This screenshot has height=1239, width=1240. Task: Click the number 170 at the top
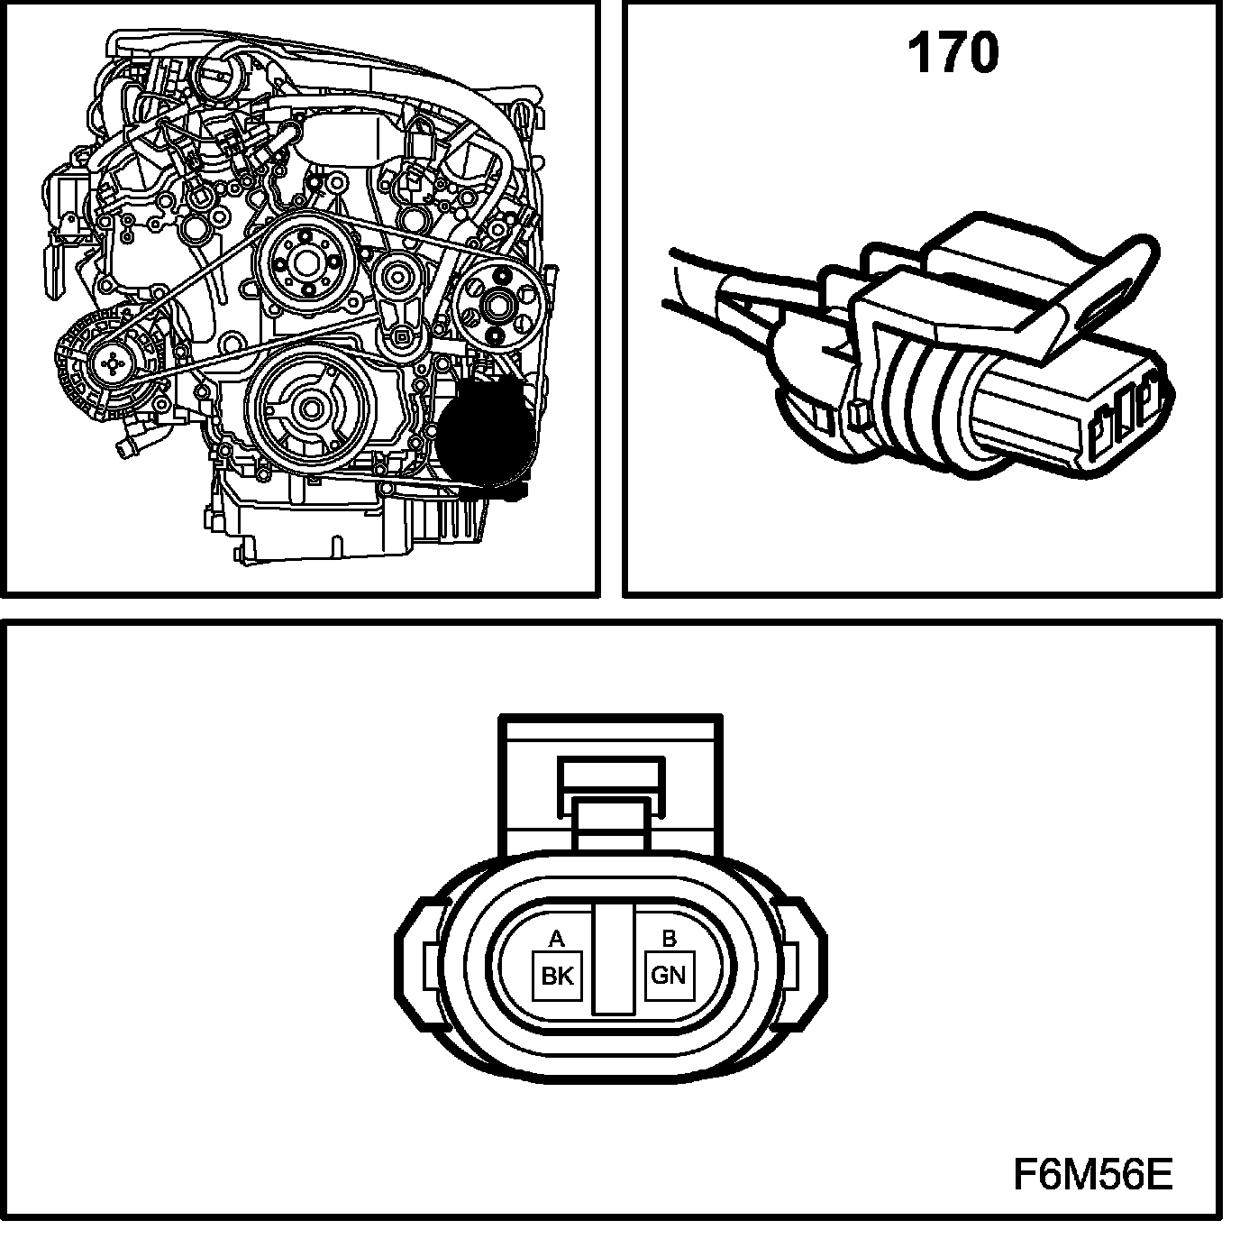(953, 54)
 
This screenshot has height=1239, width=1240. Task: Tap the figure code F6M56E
(1092, 1175)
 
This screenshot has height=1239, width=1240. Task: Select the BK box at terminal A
(557, 976)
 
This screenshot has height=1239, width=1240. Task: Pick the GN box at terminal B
(669, 975)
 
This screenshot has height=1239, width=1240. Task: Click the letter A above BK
(557, 939)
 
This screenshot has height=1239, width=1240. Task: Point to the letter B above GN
(669, 939)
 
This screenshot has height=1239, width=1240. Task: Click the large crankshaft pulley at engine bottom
(311, 409)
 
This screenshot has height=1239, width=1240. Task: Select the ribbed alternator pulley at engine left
(112, 361)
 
